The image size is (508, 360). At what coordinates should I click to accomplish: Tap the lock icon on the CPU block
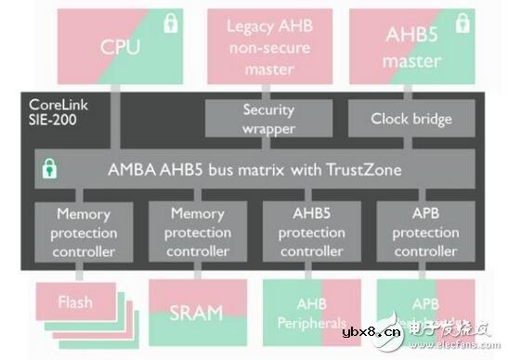[x=170, y=24]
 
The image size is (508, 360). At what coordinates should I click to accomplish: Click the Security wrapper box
[x=268, y=119]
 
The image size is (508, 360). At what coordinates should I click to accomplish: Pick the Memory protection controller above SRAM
[x=197, y=233]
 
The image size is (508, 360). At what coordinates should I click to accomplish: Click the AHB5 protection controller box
[x=311, y=233]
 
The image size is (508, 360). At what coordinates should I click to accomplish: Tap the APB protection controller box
[x=425, y=233]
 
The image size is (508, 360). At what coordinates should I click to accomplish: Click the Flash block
[x=74, y=302]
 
